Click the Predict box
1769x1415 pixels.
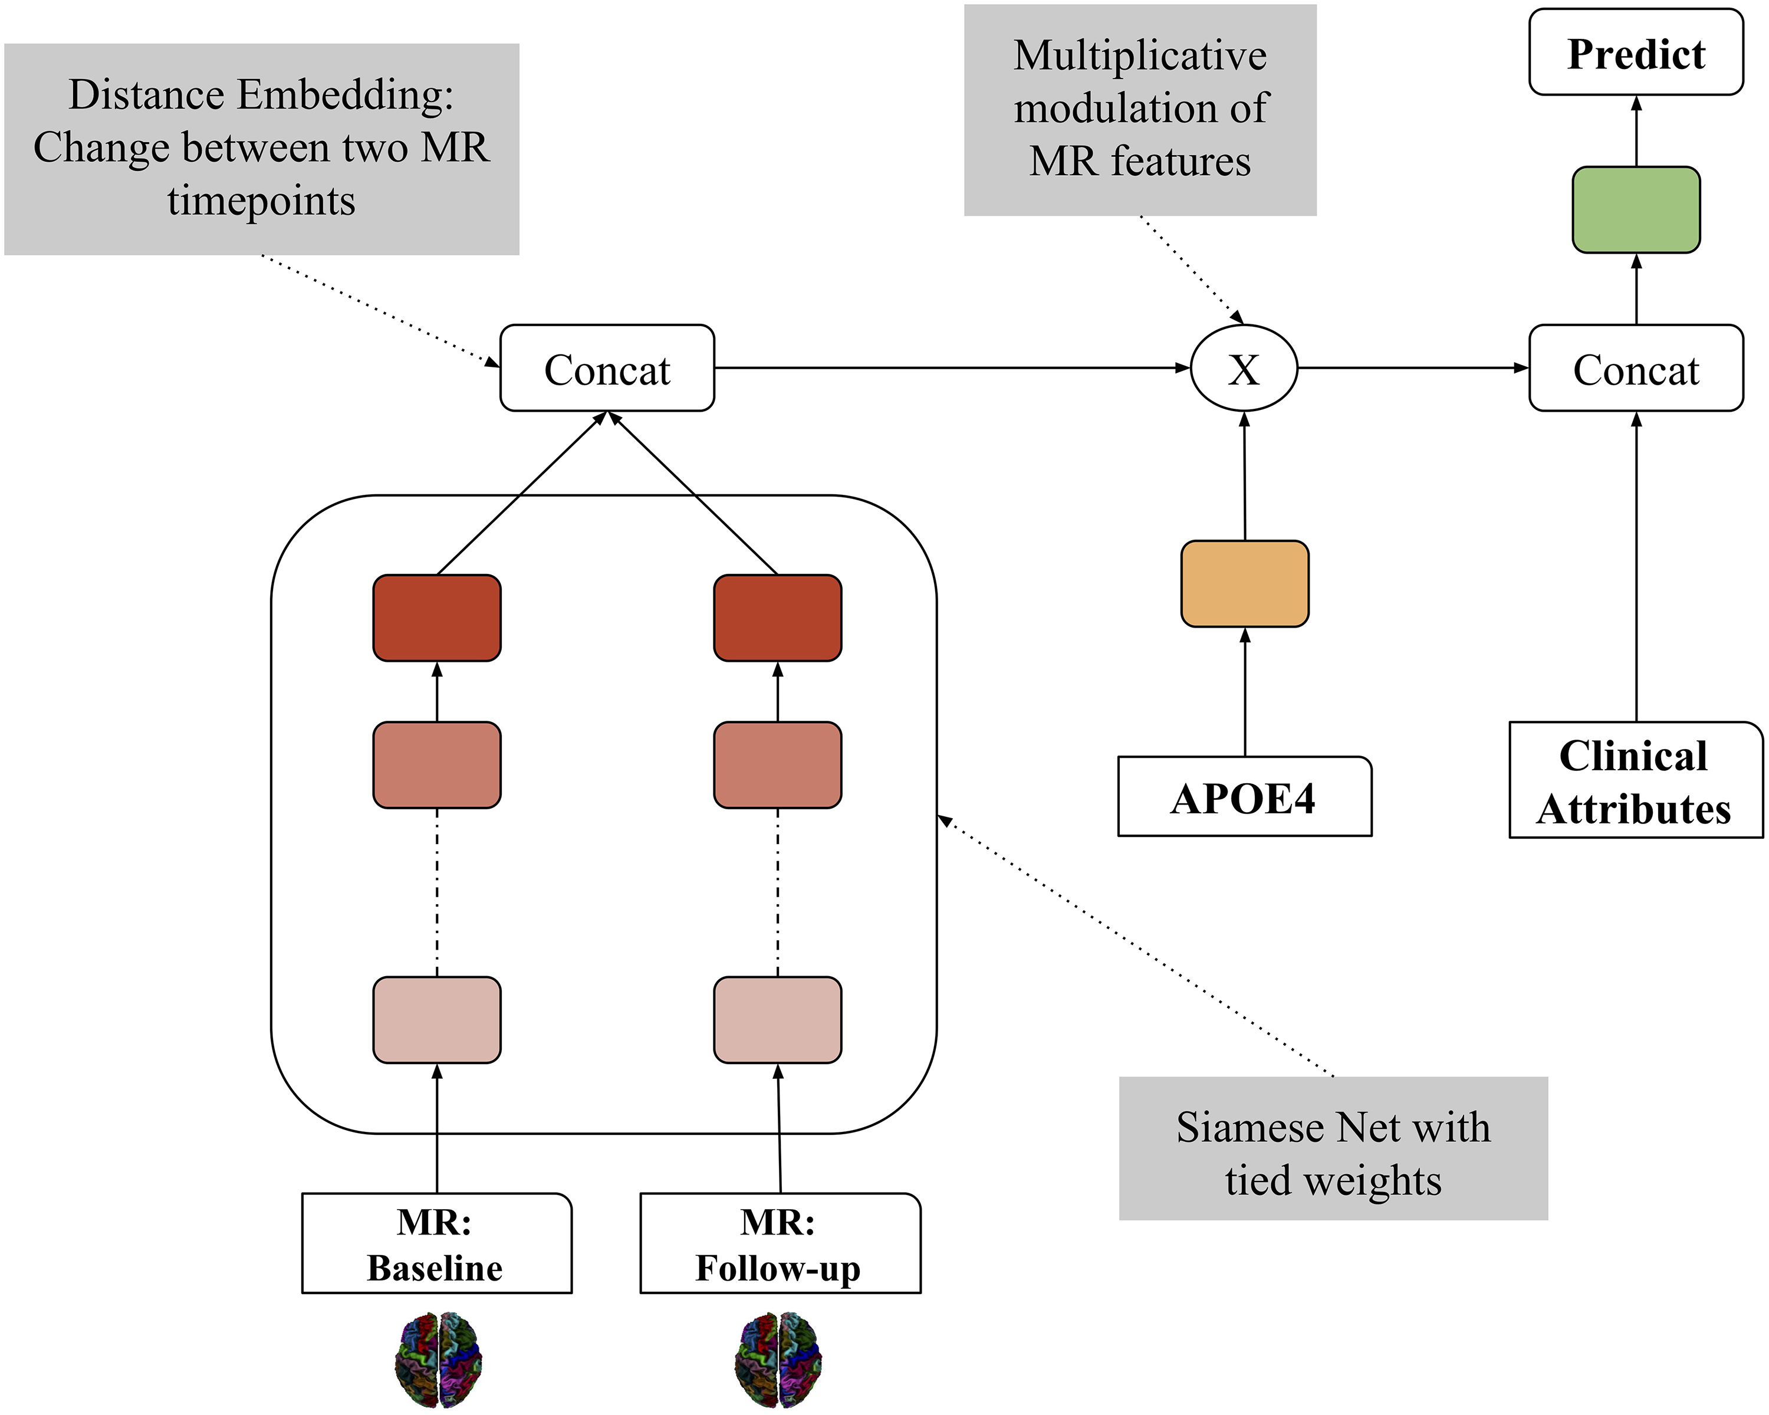point(1635,52)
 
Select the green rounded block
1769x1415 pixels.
point(1635,209)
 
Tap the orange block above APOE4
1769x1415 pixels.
point(1244,583)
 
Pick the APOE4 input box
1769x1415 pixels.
point(1244,797)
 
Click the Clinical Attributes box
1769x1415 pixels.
point(1635,780)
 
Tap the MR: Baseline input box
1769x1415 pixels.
point(436,1243)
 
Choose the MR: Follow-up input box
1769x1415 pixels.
point(780,1243)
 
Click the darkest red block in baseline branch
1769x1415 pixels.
point(436,617)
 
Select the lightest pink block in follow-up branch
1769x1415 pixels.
point(777,1019)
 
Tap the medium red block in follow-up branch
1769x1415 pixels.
point(777,765)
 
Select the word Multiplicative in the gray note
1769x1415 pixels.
point(1140,56)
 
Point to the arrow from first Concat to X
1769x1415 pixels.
point(952,367)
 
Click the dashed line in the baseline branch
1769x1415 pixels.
point(436,892)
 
